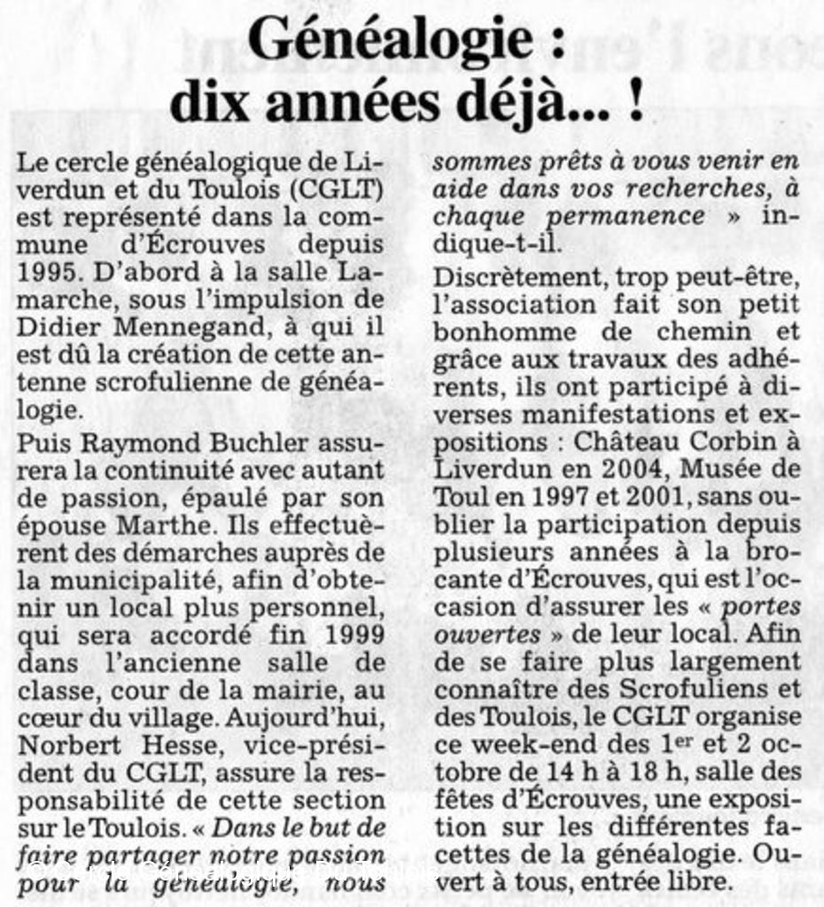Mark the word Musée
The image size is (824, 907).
pyautogui.click(x=723, y=469)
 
